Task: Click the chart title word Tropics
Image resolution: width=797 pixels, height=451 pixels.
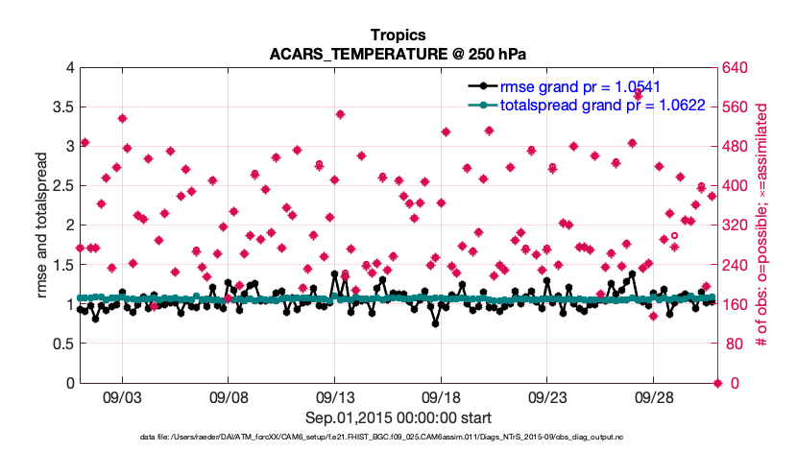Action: (x=398, y=36)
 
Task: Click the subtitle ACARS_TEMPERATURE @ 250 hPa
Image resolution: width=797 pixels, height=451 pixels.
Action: (x=398, y=54)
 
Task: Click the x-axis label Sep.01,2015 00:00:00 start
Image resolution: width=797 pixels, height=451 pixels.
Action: (x=398, y=417)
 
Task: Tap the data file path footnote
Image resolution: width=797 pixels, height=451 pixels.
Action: (x=398, y=438)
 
